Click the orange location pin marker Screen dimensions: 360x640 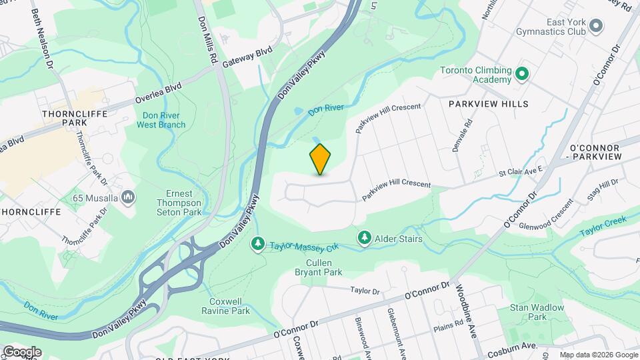(320, 159)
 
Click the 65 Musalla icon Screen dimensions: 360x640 (129, 197)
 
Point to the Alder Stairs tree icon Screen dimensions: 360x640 (364, 237)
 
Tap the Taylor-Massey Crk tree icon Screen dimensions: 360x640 (257, 245)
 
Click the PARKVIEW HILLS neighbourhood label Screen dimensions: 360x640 (488, 104)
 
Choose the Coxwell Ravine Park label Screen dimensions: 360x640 (225, 306)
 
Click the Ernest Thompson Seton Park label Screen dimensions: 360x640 (178, 203)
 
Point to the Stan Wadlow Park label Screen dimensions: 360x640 (537, 312)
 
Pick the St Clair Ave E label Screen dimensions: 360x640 (521, 173)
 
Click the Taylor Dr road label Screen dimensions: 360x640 (365, 291)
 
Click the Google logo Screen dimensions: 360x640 (22, 351)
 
